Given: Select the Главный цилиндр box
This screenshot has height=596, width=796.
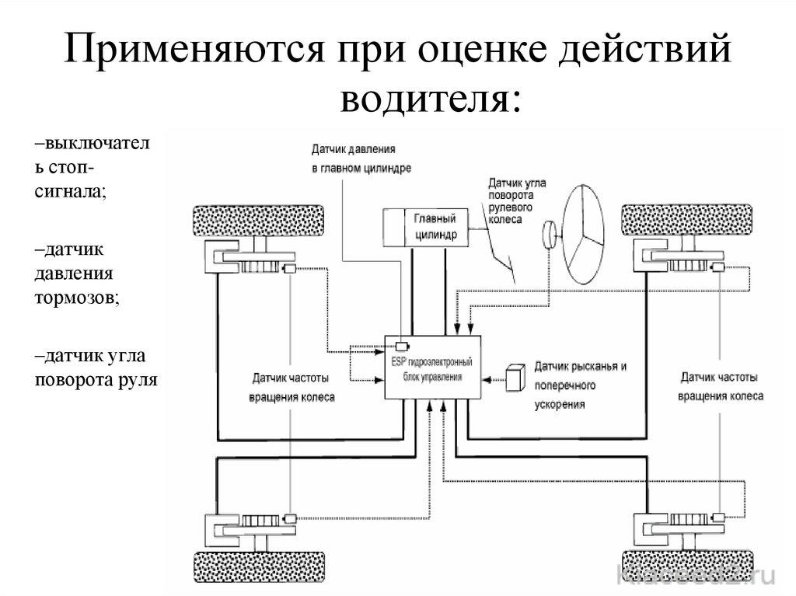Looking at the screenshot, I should [422, 227].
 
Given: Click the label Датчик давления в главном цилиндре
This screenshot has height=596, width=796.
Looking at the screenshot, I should [361, 158].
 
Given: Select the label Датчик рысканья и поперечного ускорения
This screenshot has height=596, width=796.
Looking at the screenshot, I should [579, 385].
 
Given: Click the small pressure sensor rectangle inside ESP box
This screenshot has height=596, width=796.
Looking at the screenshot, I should [401, 346].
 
